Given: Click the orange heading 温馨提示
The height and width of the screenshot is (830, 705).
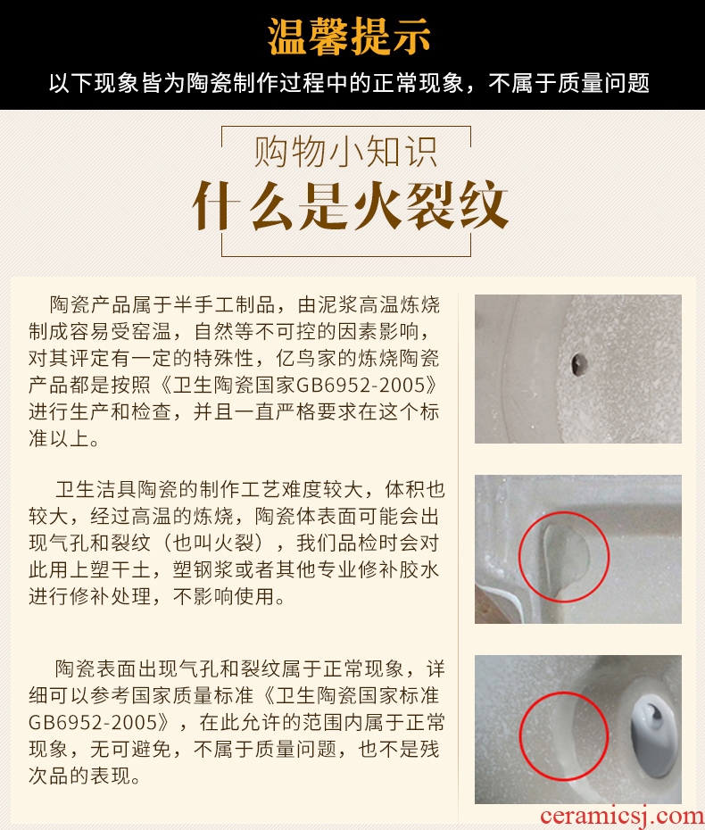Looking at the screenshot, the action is coord(349,37).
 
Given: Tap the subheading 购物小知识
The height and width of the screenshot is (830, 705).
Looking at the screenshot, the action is coord(345,152).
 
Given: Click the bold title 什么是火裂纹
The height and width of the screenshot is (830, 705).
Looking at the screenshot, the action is coord(350,205).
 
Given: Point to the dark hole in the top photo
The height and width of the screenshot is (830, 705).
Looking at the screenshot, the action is coord(579,363).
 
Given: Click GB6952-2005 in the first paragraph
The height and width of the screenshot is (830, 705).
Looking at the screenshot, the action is coord(361,385).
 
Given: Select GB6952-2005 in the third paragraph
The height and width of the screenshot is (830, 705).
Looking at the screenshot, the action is coord(93,723).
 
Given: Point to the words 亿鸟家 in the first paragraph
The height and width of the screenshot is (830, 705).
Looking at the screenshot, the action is coord(306,359).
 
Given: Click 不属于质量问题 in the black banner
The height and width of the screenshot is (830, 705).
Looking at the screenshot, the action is coord(569,84).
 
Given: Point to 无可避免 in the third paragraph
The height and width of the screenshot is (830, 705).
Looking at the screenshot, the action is coord(130,749).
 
